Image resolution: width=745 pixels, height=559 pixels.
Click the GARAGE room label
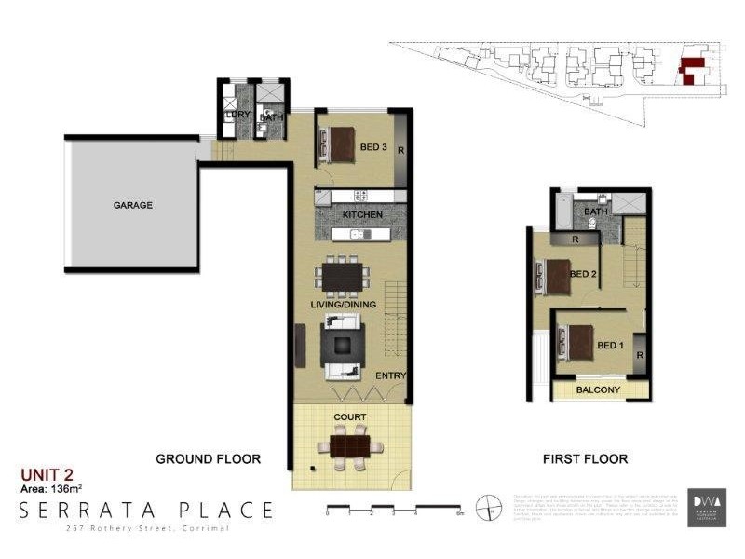[x=133, y=205]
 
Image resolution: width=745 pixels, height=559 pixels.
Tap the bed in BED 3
[x=338, y=143]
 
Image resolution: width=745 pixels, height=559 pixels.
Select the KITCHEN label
[x=362, y=215]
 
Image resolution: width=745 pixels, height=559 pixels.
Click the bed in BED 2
[x=557, y=275]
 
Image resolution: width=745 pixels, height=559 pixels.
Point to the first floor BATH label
[x=595, y=212]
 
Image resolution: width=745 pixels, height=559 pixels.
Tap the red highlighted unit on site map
[x=691, y=70]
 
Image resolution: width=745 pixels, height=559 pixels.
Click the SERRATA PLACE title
[x=147, y=511]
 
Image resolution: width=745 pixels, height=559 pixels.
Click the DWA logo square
[x=707, y=508]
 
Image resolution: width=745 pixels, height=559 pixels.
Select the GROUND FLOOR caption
[x=208, y=458]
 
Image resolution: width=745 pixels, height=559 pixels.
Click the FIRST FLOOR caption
[x=585, y=458]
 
